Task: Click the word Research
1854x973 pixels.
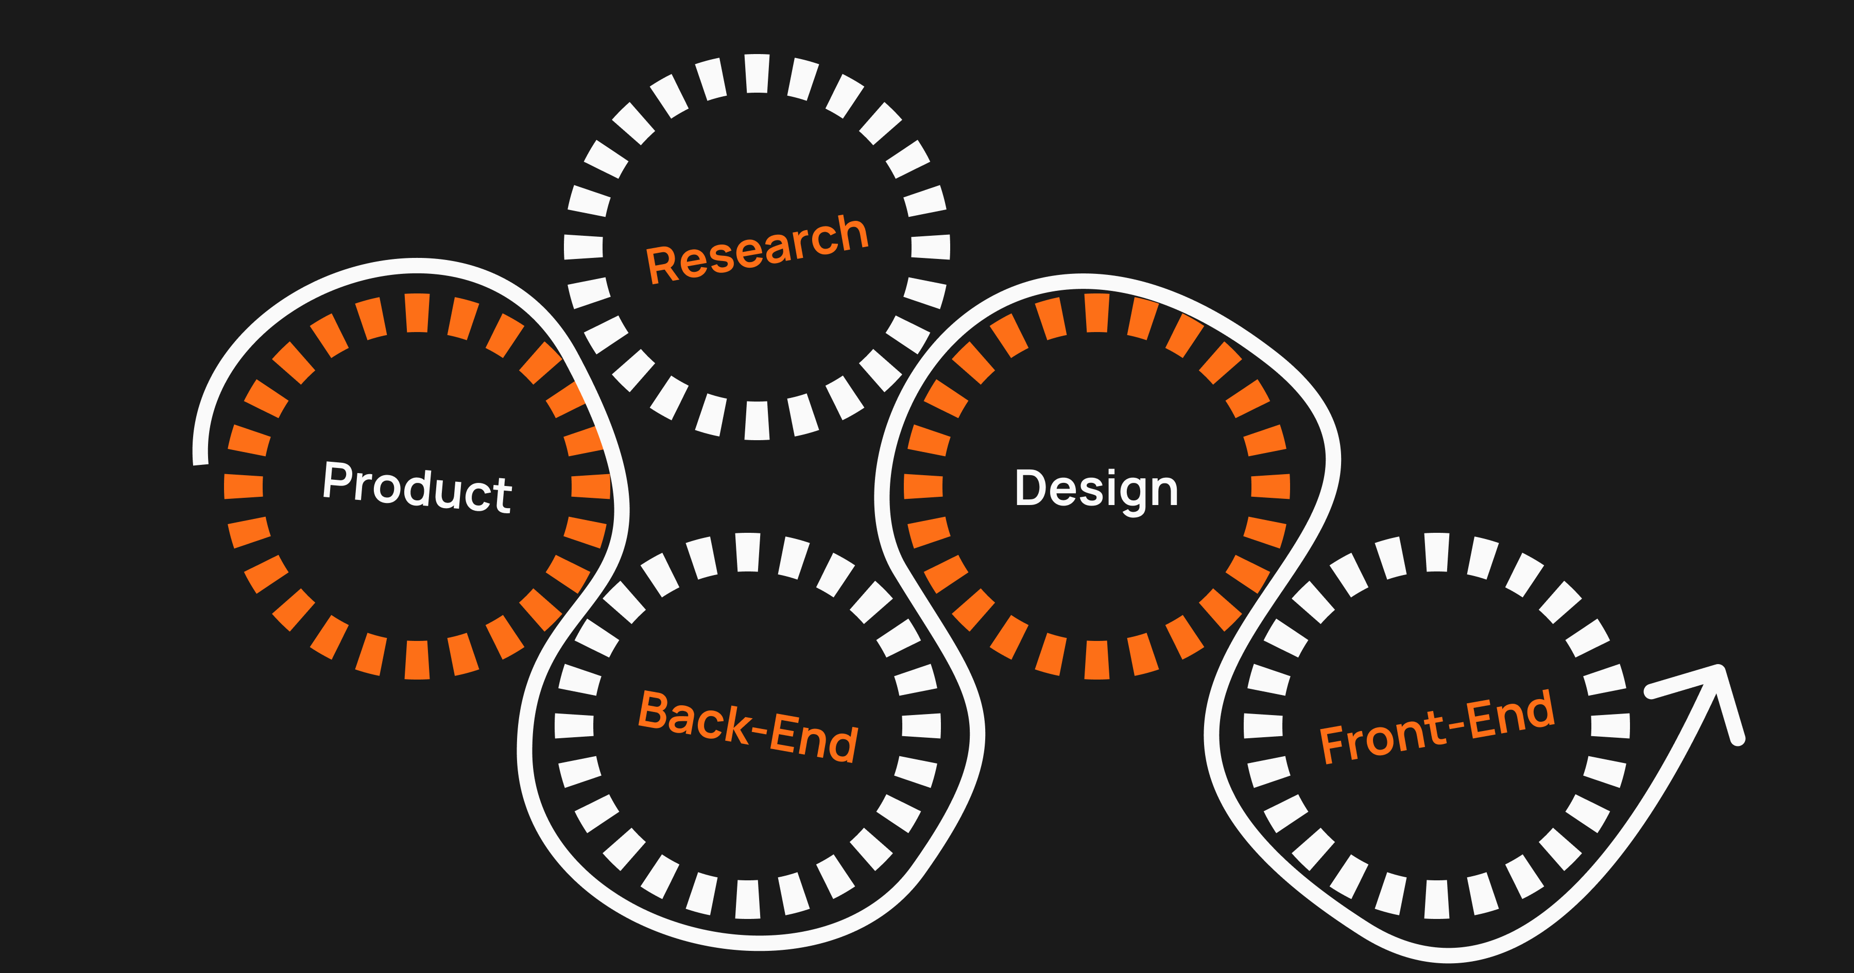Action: click(757, 249)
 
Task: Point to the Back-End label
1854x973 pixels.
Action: click(748, 726)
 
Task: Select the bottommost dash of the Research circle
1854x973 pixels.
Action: click(757, 420)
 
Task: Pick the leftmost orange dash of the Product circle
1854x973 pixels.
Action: click(243, 486)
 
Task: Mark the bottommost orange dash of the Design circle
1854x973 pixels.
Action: click(1097, 659)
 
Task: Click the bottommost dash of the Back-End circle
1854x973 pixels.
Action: click(748, 899)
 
